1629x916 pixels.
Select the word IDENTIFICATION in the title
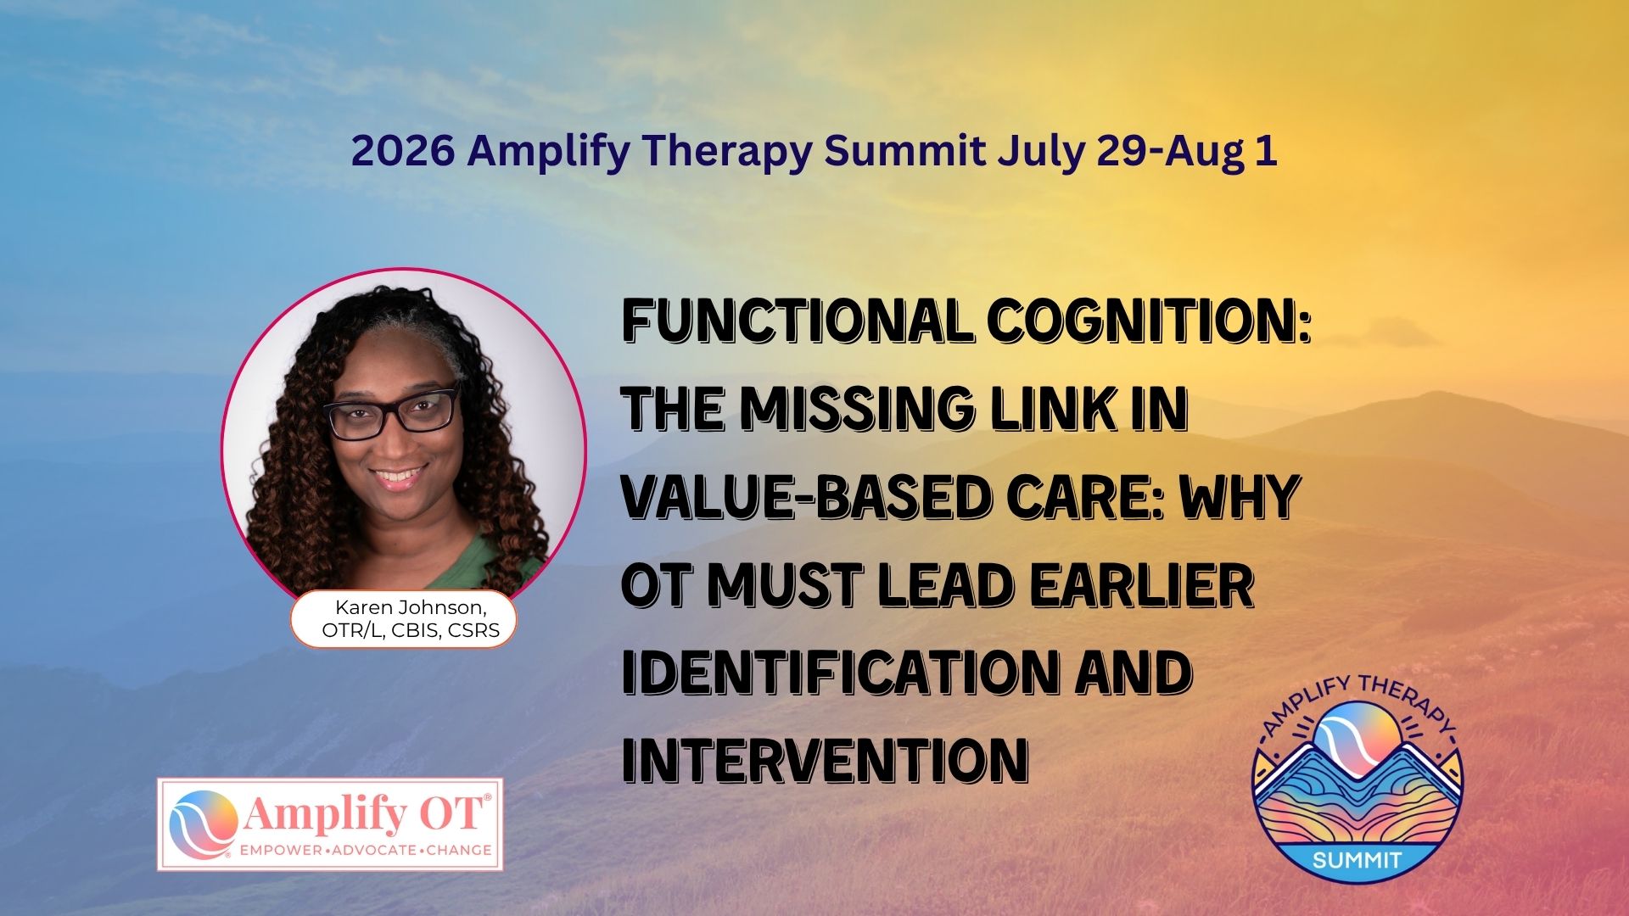[x=837, y=673]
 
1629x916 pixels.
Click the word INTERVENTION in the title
[x=826, y=760]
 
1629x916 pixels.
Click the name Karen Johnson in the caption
[x=411, y=607]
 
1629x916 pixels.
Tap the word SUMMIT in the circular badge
[x=1357, y=860]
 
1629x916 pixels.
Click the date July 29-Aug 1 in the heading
[x=1137, y=151]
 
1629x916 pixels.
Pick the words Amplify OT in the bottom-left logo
[x=366, y=814]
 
